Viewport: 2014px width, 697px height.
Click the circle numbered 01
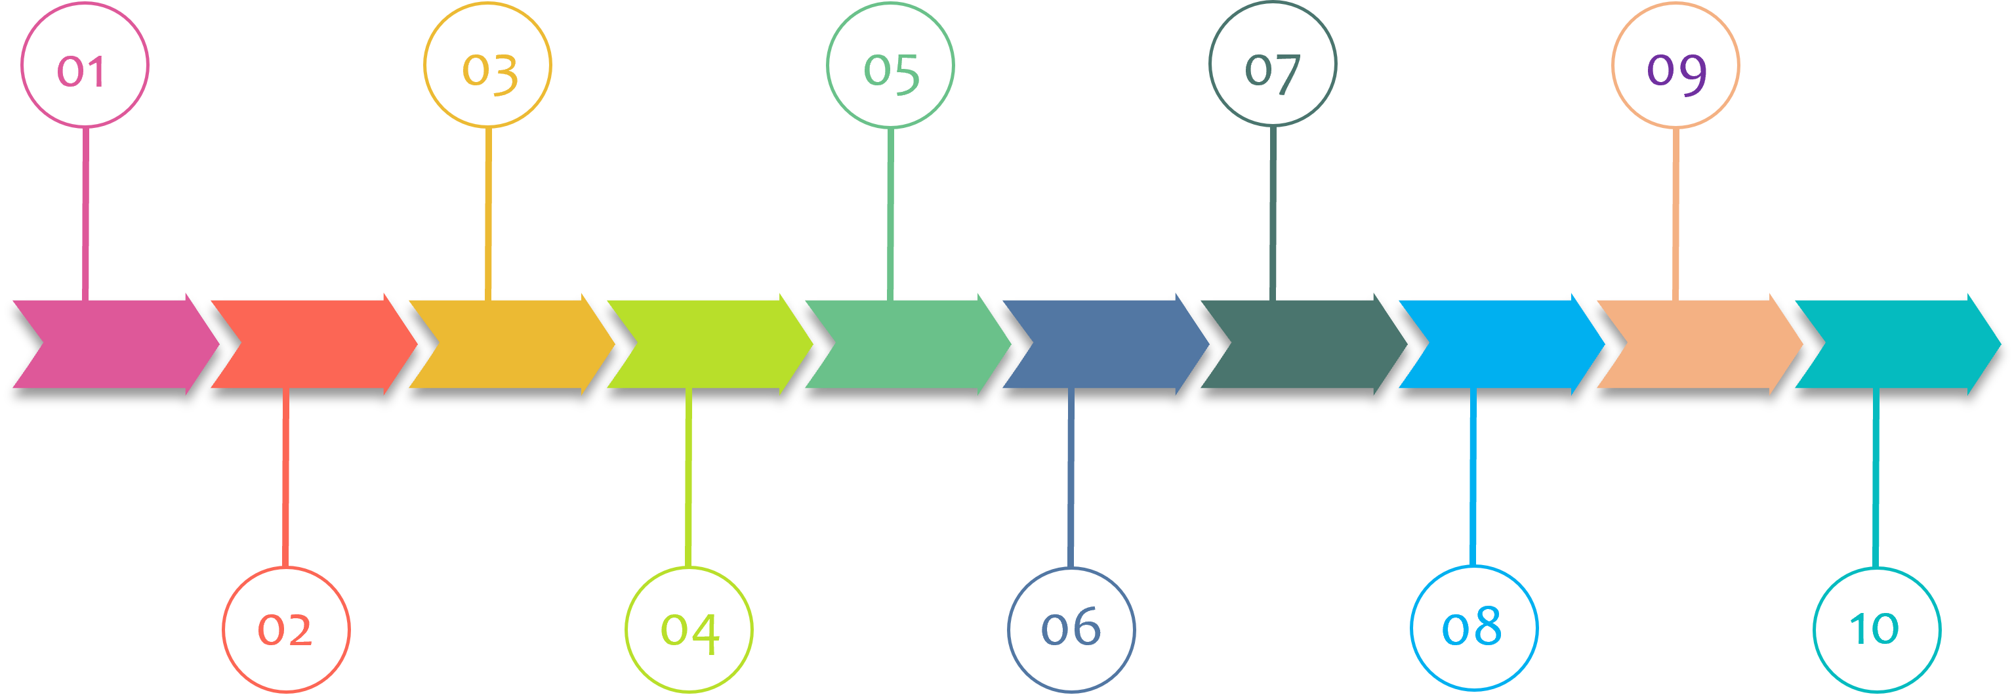85,65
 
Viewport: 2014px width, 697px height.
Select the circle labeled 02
286,629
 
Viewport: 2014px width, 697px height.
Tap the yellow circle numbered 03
488,65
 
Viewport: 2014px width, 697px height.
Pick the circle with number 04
689,629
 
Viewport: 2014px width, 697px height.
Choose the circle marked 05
890,65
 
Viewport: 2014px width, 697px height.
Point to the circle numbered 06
1071,629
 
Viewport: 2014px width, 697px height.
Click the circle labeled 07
1273,64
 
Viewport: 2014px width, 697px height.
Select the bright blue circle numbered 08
1473,628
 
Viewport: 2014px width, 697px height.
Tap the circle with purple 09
1675,65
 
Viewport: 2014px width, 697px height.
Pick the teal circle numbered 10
1876,629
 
